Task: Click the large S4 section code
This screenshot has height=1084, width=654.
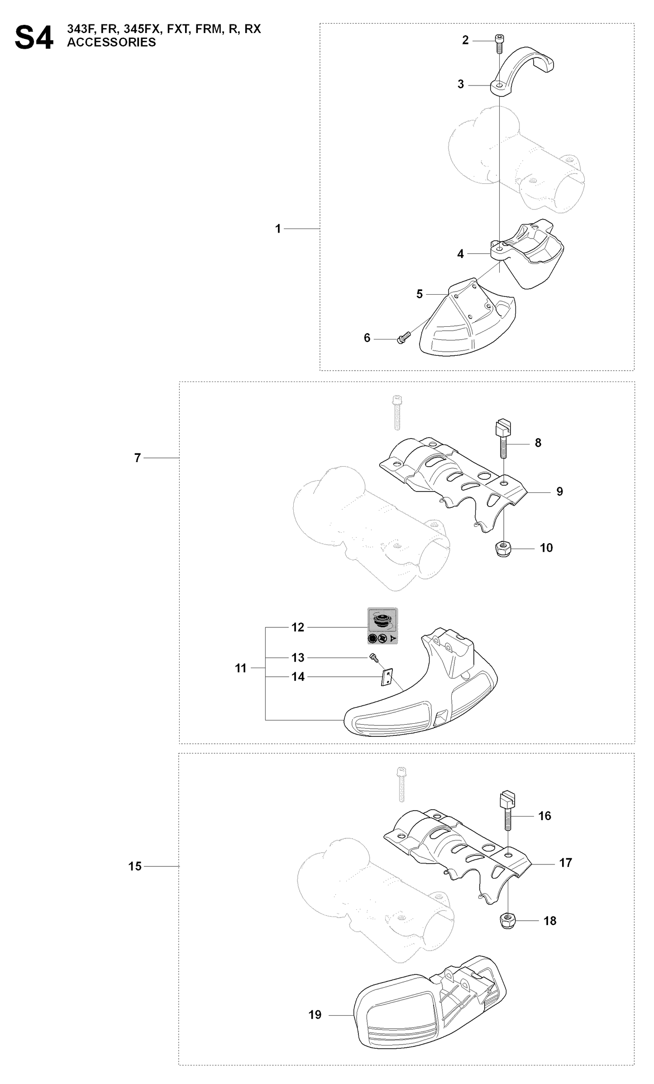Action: [34, 38]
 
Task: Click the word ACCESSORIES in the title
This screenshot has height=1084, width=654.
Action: [111, 43]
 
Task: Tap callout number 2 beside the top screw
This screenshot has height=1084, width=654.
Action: [465, 40]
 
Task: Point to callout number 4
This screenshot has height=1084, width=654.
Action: [460, 254]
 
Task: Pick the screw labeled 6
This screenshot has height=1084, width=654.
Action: [403, 338]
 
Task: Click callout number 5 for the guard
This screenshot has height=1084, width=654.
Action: [420, 294]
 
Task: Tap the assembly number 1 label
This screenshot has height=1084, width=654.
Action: [278, 229]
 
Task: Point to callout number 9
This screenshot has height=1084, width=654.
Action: [560, 492]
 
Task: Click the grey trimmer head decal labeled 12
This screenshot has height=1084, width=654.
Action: [382, 626]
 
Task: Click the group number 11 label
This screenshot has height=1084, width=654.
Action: [241, 668]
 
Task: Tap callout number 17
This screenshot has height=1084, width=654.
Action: [566, 863]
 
